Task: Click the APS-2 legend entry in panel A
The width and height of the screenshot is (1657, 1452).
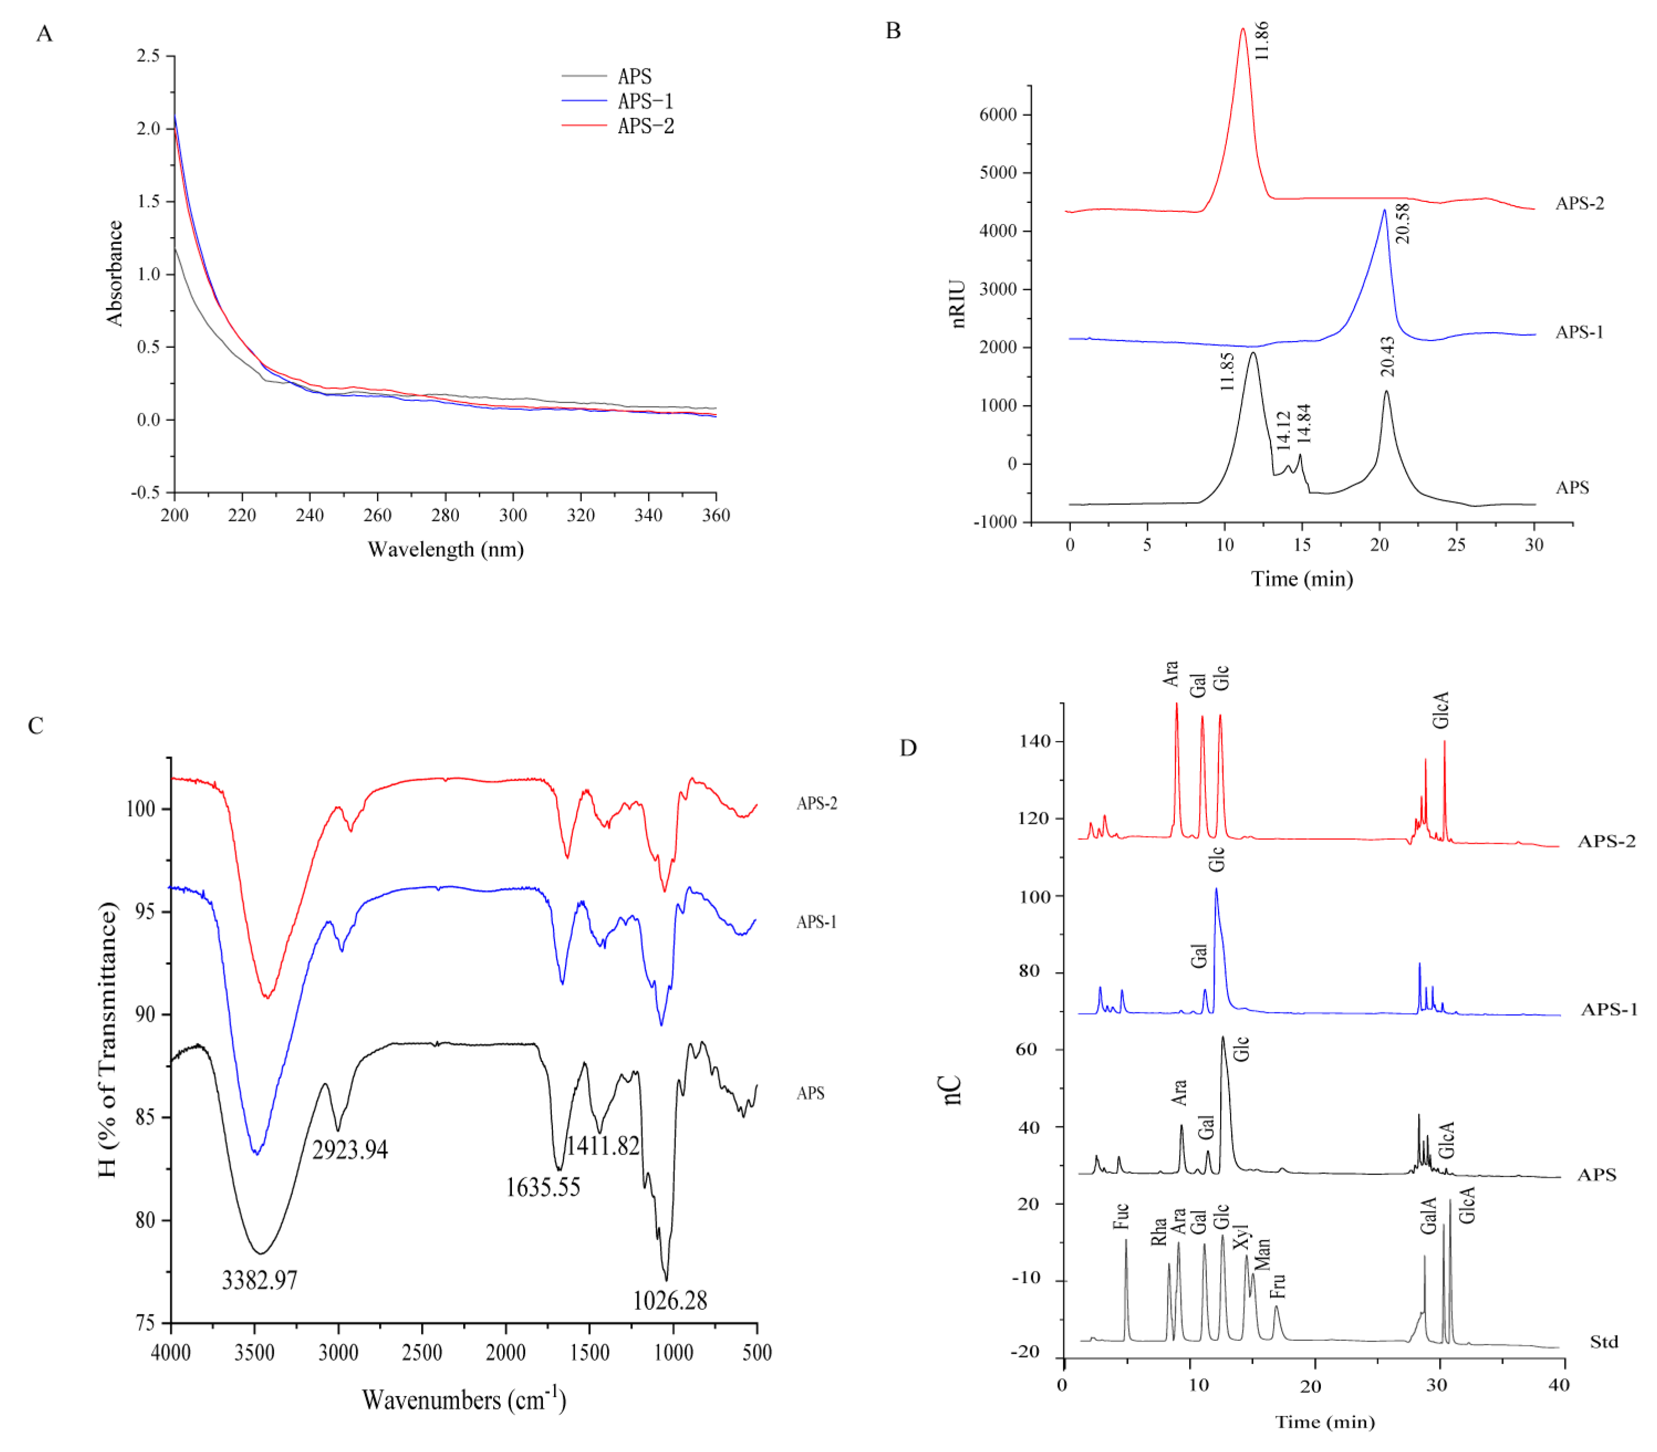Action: coord(645,126)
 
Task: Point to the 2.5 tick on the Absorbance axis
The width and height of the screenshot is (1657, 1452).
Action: coord(148,56)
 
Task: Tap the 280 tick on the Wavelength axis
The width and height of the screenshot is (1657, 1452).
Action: coord(445,515)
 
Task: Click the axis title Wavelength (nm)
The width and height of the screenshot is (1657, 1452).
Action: coord(445,550)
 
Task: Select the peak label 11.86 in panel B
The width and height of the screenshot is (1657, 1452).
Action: coord(1261,40)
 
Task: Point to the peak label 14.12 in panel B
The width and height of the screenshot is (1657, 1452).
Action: coord(1283,430)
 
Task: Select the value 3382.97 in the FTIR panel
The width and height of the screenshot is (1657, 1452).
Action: coord(259,1280)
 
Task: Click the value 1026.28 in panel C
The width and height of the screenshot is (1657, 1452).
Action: coord(670,1300)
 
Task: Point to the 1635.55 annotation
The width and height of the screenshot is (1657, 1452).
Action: coord(543,1188)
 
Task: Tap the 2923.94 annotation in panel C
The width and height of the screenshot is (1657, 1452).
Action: coord(350,1150)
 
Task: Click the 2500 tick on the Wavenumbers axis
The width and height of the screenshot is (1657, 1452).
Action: coord(422,1352)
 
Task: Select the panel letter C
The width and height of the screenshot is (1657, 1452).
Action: coord(35,725)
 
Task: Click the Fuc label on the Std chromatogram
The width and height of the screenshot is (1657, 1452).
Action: coord(1121,1216)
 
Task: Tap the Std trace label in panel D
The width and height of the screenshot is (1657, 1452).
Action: coord(1603,1342)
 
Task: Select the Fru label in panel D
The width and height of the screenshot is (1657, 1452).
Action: coord(1277,1285)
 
